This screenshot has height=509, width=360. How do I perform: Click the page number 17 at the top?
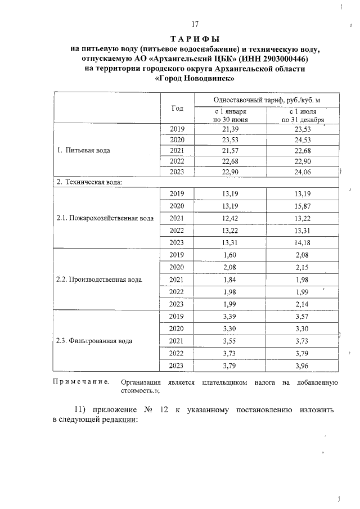(195, 24)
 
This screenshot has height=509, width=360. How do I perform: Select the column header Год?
(177, 108)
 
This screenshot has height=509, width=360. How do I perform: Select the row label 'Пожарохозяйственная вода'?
(105, 218)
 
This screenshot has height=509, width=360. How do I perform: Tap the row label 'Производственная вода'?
(99, 279)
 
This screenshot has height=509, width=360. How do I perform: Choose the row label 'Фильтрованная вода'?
(95, 341)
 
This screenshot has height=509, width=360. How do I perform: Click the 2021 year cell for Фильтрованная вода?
(177, 341)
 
